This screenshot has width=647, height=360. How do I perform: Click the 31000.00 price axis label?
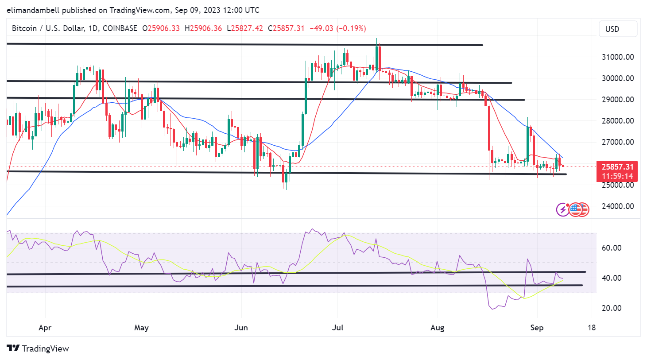[617, 57]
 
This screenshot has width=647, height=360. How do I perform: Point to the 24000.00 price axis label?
[617, 206]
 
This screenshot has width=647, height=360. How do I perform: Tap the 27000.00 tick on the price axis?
[617, 142]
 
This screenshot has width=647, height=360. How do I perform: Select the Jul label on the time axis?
[337, 328]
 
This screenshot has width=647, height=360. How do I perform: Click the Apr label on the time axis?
[45, 328]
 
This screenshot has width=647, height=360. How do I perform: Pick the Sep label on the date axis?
[537, 328]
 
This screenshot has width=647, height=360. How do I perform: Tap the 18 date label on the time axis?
[592, 328]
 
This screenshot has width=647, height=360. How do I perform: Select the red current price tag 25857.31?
[617, 167]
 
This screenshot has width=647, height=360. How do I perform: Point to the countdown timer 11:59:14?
[617, 176]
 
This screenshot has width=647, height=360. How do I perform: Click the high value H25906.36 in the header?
[203, 28]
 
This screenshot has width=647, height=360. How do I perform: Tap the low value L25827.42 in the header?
[245, 28]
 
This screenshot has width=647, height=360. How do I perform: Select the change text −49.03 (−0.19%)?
[337, 28]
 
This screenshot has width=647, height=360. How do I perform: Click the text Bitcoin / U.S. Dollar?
[48, 28]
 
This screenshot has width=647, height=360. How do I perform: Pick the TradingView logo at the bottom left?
[38, 348]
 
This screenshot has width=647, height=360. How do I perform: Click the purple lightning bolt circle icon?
[562, 209]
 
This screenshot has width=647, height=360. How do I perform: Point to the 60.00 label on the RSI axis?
[611, 248]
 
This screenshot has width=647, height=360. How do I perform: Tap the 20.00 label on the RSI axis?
[611, 308]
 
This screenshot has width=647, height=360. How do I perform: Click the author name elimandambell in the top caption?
[33, 10]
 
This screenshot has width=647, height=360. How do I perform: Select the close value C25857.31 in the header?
[286, 28]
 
